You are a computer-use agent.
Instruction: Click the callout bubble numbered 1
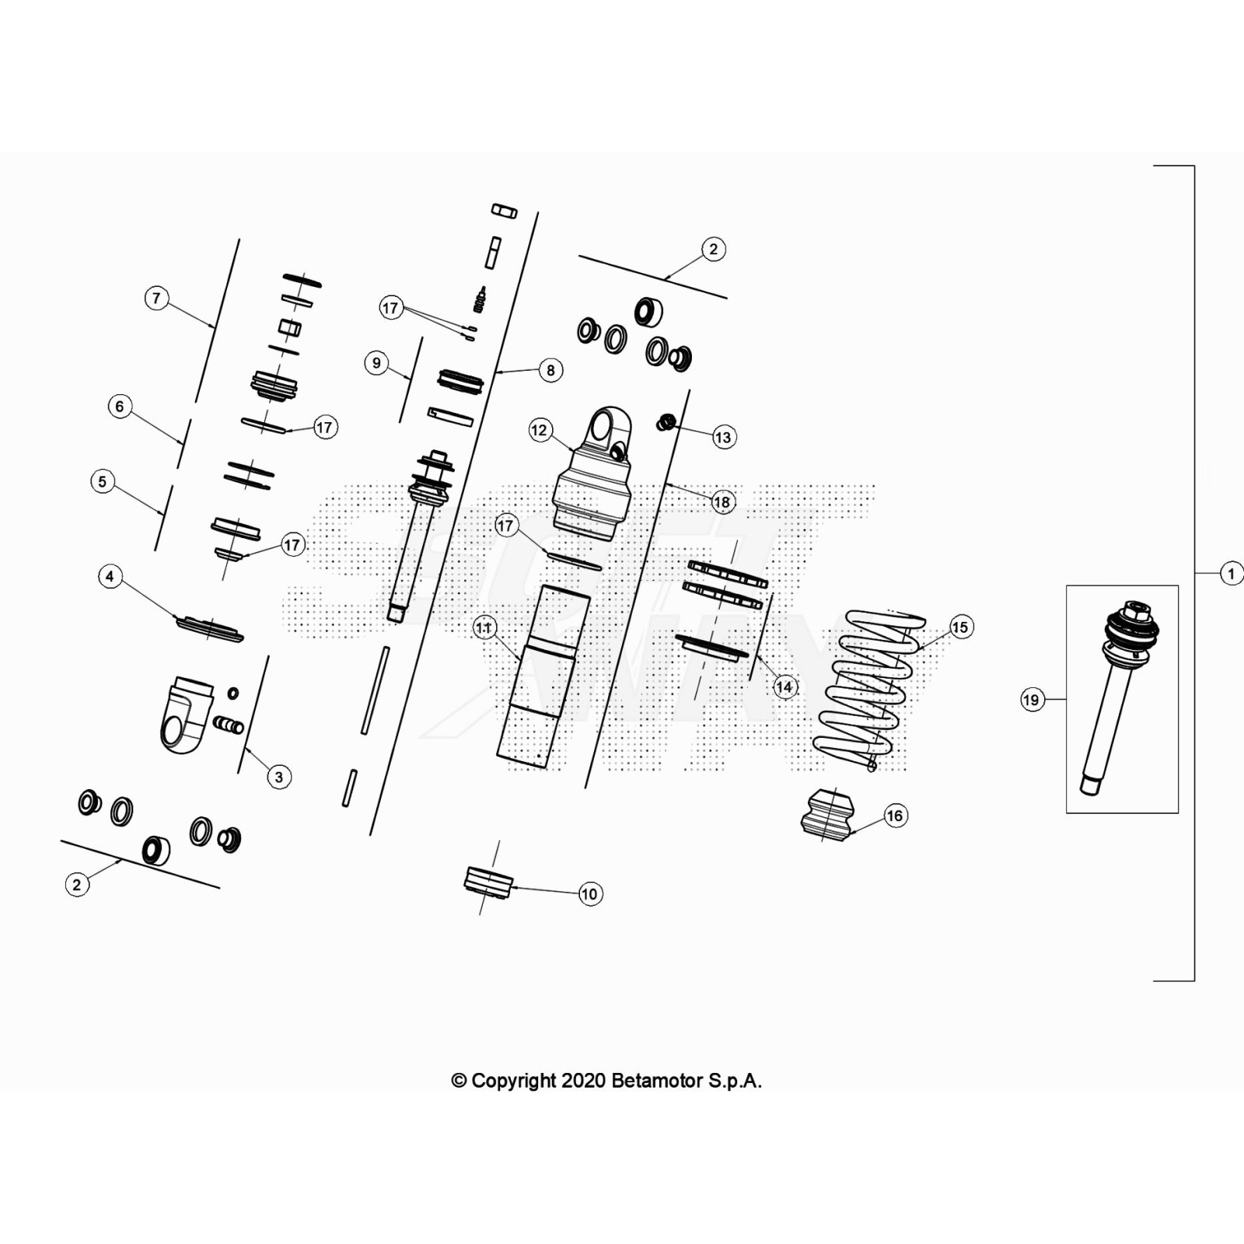pyautogui.click(x=1231, y=574)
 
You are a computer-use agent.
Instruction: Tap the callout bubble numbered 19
pyautogui.click(x=1031, y=700)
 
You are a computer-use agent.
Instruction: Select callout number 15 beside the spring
pyautogui.click(x=960, y=627)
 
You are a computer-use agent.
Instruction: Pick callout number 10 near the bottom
pyautogui.click(x=589, y=894)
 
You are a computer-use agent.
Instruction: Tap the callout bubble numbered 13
pyautogui.click(x=723, y=437)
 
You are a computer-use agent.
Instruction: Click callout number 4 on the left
pyautogui.click(x=110, y=576)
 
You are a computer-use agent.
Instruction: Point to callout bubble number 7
pyautogui.click(x=157, y=298)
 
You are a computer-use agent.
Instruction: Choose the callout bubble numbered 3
pyautogui.click(x=279, y=777)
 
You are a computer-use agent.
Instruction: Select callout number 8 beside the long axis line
pyautogui.click(x=550, y=370)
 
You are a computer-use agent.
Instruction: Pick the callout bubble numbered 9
pyautogui.click(x=376, y=362)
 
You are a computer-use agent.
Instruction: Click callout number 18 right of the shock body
pyautogui.click(x=722, y=502)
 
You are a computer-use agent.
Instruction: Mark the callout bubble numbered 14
pyautogui.click(x=784, y=687)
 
